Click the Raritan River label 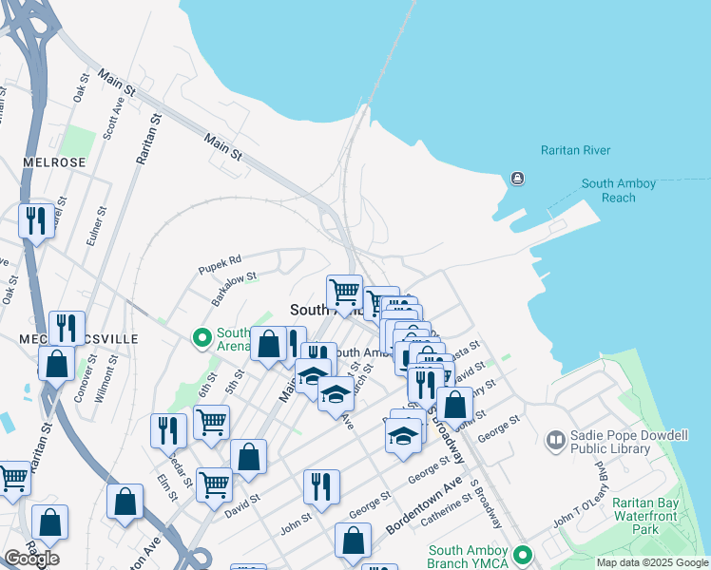(575, 150)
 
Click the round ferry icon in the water (517, 178)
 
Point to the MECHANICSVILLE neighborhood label (79, 338)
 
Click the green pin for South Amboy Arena (202, 336)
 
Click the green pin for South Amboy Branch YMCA (521, 553)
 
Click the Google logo (31, 559)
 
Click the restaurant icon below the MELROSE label (36, 221)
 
